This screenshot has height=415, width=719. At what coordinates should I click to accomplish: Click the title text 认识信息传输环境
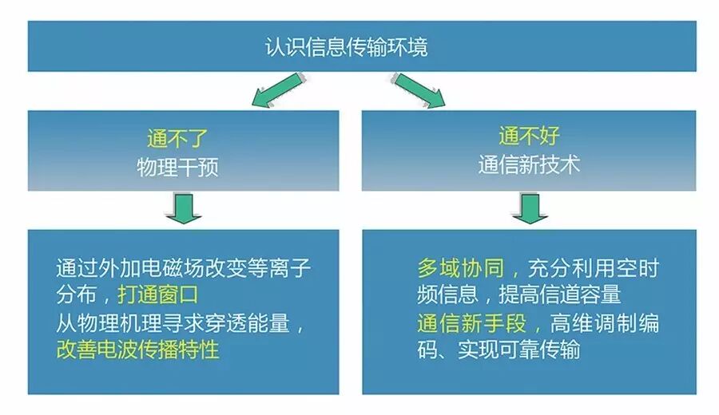pos(346,46)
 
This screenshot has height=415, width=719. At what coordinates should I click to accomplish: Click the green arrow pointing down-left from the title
pos(274,90)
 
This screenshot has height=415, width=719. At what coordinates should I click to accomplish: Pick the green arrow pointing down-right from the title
pos(419,89)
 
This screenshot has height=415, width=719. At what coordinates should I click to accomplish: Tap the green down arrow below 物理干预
pos(184,209)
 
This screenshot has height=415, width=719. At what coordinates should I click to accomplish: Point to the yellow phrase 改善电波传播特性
pos(137,349)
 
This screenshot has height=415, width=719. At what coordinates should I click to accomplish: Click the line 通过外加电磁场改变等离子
pos(177,267)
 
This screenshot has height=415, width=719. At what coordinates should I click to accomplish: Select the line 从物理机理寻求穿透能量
pos(181,322)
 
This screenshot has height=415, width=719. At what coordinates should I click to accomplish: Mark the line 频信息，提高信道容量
pos(518,294)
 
